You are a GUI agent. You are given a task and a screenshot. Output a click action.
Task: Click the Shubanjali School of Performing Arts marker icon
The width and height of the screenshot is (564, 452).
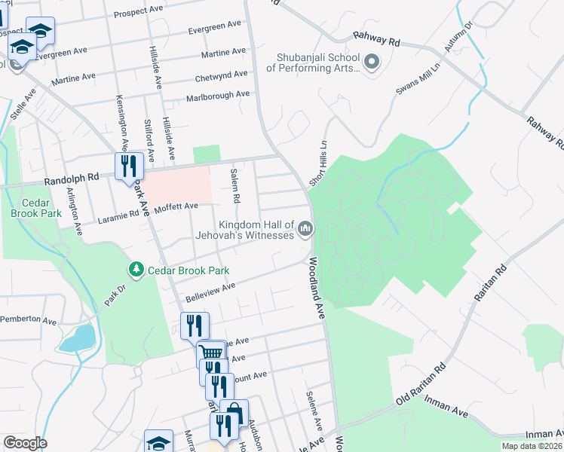pyautogui.click(x=371, y=62)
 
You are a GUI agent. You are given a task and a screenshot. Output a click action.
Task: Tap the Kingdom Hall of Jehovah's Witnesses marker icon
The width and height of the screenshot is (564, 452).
pyautogui.click(x=305, y=228)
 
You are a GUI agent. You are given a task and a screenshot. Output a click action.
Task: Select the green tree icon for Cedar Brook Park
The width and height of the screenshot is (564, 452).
pyautogui.click(x=136, y=270)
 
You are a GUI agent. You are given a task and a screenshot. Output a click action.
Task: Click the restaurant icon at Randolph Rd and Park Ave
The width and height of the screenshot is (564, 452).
pyautogui.click(x=129, y=165)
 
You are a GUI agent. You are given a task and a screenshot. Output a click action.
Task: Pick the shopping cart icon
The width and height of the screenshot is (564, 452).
pyautogui.click(x=211, y=353)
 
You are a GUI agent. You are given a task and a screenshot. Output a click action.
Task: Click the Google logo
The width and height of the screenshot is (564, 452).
pyautogui.click(x=25, y=444)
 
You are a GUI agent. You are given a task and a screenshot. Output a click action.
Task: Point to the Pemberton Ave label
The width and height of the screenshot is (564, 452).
pyautogui.click(x=28, y=320)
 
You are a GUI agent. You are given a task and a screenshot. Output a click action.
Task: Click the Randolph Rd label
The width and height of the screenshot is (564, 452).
pyautogui.click(x=72, y=179)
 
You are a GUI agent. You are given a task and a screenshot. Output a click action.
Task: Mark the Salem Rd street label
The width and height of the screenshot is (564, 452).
pyautogui.click(x=235, y=187)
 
